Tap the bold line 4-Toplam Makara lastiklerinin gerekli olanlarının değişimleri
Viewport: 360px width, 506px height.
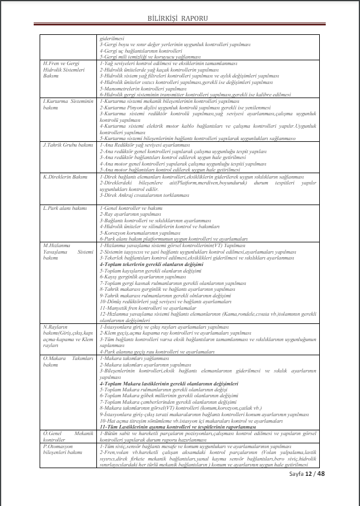click(169, 384)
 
